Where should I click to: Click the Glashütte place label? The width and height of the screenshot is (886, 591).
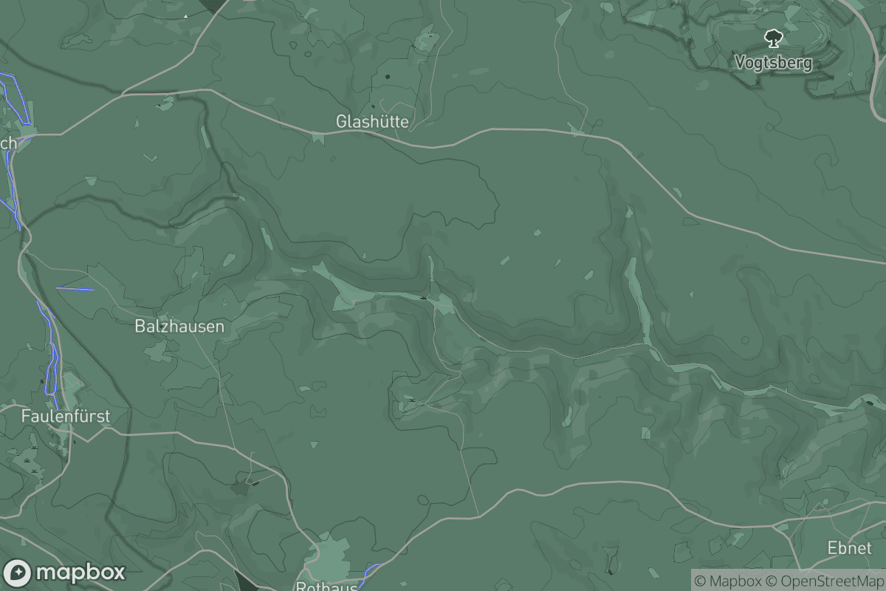tap(372, 121)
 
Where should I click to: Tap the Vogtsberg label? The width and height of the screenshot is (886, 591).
tap(773, 63)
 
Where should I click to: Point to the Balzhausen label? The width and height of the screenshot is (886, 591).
tap(179, 326)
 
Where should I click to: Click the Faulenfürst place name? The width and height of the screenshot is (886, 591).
tap(66, 416)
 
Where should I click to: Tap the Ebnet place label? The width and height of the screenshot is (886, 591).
tap(850, 548)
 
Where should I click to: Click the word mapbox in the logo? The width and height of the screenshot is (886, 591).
tap(80, 573)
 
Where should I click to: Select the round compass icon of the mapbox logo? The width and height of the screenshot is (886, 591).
tap(18, 573)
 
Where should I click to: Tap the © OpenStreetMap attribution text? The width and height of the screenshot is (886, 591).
tap(823, 581)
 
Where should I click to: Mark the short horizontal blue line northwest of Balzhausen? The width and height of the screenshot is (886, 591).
tap(75, 289)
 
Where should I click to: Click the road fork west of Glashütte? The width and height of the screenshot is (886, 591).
tap(123, 93)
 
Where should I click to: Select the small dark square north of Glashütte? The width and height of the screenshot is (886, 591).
tap(388, 75)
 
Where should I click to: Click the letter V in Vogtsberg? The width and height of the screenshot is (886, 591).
tap(740, 63)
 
